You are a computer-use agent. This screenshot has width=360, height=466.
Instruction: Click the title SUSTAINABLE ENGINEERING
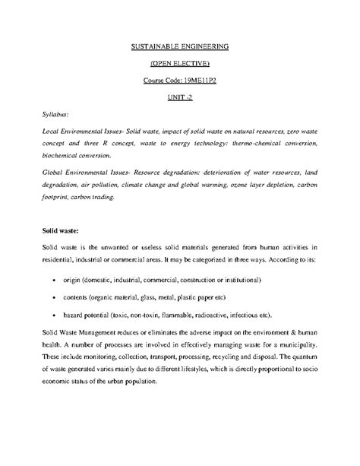[x=180, y=46]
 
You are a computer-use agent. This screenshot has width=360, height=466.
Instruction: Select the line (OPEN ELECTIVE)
[x=180, y=63]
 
